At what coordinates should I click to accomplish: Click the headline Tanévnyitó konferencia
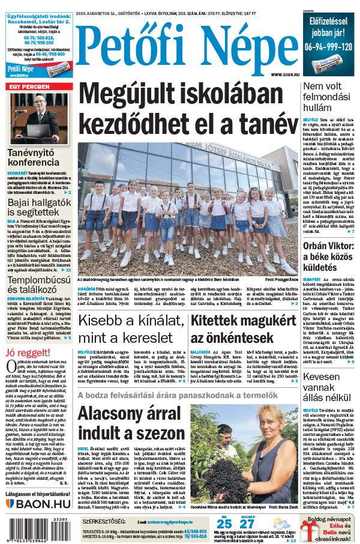tap(34, 158)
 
